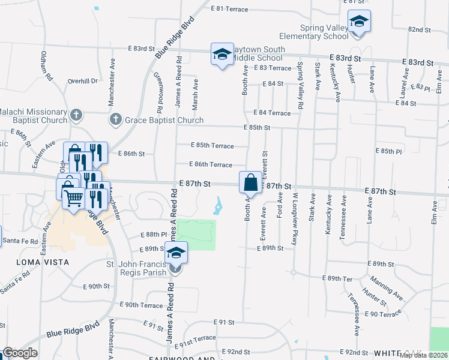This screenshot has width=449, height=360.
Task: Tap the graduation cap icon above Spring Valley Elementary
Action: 359,22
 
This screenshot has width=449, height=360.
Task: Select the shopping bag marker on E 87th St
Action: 251,182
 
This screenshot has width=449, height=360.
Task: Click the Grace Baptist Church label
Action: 164,120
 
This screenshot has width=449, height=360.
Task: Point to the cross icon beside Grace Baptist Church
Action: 116,119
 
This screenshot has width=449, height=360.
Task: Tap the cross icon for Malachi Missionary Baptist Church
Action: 76,114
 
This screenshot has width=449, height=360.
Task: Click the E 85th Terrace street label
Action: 212,145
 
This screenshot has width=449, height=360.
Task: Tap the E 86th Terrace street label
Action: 210,164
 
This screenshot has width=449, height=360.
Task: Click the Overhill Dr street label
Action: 82,81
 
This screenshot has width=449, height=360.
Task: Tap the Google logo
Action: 20,353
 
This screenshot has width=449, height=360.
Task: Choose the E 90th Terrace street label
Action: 142,305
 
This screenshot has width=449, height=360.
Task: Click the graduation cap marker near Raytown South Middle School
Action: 222,55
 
